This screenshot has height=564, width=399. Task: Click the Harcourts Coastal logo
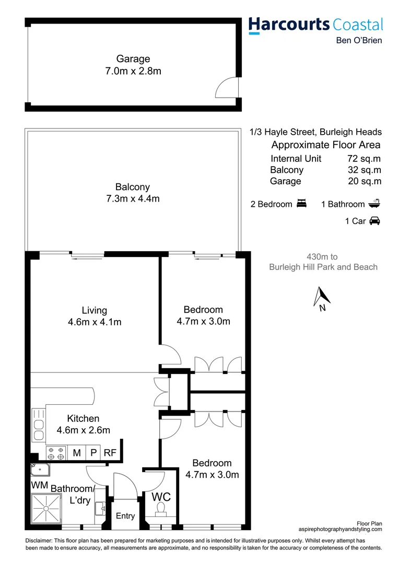[315, 25]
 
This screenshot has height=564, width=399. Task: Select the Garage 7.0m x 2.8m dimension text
[133, 65]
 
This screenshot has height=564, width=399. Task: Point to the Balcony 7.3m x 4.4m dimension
[133, 193]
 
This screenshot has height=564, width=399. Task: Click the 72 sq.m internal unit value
[364, 159]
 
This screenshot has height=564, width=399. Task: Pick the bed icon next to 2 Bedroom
[301, 204]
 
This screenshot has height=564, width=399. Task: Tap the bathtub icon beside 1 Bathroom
[374, 204]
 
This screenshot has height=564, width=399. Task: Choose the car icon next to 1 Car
[374, 221]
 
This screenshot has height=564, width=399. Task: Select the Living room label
[95, 310]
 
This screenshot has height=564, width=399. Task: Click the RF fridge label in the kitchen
[110, 453]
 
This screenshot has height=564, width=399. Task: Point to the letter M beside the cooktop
[77, 453]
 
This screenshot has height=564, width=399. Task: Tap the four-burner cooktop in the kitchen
[56, 453]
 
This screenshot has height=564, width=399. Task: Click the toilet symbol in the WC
[160, 508]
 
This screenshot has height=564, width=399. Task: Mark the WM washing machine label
[40, 485]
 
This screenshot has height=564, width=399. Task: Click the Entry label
[125, 516]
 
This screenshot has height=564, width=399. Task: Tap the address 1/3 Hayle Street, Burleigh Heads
[315, 132]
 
